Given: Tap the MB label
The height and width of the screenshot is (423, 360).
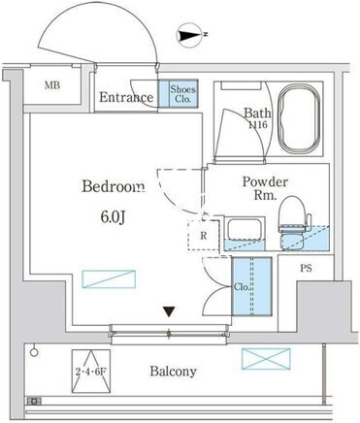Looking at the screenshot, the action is click(52, 85).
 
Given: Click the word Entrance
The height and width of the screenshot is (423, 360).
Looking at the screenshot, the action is click(126, 97).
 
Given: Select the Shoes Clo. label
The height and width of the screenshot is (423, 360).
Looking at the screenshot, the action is click(182, 93).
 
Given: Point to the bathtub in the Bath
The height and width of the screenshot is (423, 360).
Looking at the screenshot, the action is click(300, 118).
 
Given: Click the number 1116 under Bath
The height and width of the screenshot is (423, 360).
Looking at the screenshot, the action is click(257, 124).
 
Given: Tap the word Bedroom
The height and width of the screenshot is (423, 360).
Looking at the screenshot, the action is click(113, 186).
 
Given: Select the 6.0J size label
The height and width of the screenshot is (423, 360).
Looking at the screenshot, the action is click(113, 217).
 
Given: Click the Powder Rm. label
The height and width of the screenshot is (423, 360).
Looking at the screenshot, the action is click(265, 188).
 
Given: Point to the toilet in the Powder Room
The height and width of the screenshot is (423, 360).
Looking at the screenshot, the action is click(292, 223).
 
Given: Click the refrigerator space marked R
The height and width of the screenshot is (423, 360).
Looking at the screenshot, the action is click(204, 235).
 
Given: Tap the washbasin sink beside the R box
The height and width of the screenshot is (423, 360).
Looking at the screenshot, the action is click(245, 229).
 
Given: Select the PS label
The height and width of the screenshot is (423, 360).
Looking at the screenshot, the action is click(306, 268).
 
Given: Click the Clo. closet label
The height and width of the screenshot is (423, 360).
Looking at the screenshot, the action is click(242, 287).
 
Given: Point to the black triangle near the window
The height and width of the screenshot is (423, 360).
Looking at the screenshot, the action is click(169, 311).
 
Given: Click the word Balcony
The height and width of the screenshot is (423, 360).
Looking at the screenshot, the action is click(173, 372).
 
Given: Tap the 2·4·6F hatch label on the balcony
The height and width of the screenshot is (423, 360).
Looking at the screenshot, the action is click(91, 372).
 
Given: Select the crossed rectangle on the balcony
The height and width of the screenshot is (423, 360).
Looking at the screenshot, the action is click(266, 359).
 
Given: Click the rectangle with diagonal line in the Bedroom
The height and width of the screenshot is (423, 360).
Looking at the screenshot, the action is click(109, 279).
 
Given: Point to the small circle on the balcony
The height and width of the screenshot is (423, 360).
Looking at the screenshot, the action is click(34, 352).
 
